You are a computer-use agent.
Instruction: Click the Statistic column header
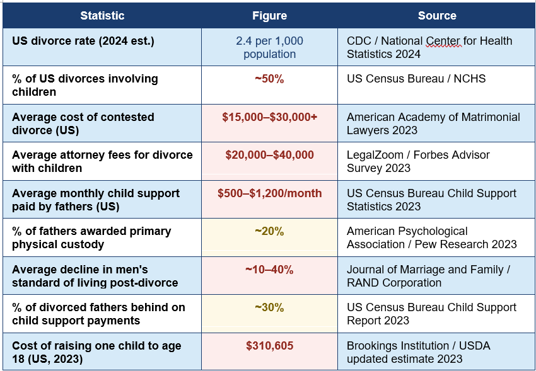(x=102, y=16)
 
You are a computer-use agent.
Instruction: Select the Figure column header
(x=269, y=16)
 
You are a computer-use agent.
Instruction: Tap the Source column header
(x=437, y=16)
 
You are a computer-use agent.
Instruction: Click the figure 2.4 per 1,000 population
(x=269, y=47)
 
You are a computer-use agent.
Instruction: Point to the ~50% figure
(x=269, y=79)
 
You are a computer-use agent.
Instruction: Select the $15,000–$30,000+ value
(x=269, y=117)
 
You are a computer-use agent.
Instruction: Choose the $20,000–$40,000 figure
(x=269, y=155)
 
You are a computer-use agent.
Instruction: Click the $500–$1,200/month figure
(x=269, y=193)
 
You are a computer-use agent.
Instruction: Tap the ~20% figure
(x=269, y=231)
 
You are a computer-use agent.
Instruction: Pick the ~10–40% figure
(x=269, y=270)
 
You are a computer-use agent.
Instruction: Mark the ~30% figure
(x=269, y=307)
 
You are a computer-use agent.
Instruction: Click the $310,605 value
(x=269, y=346)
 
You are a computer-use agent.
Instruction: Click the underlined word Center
(x=444, y=41)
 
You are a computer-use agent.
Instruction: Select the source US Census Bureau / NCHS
(x=416, y=79)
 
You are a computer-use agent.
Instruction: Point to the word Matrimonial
(x=491, y=117)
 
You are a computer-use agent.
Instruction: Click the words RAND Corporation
(x=393, y=283)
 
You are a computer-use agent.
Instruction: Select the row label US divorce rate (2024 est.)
(x=83, y=41)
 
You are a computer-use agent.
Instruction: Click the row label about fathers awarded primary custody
(x=91, y=238)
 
